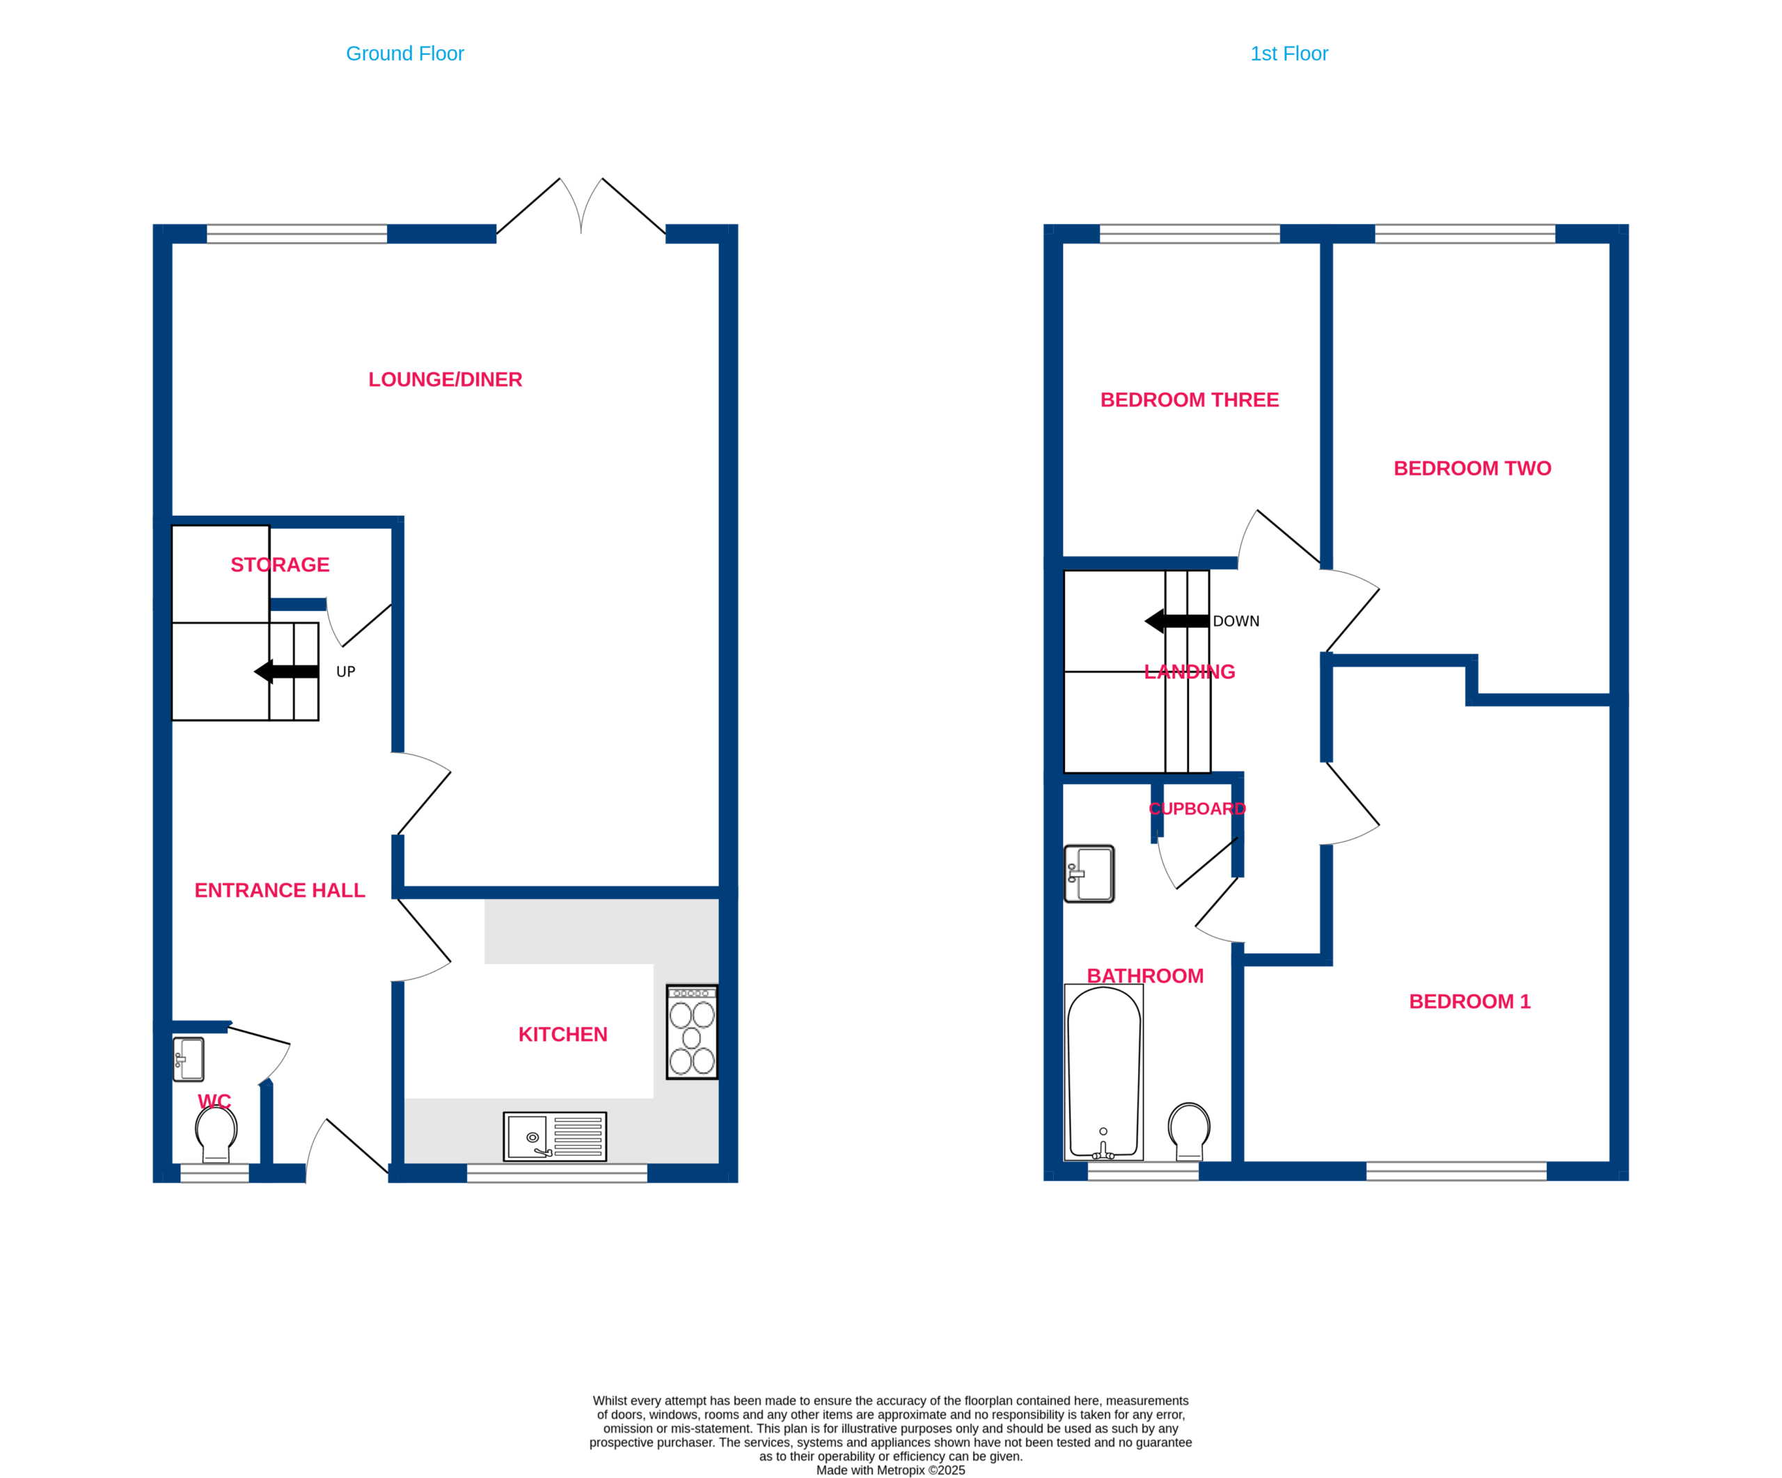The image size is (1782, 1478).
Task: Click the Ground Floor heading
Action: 404,54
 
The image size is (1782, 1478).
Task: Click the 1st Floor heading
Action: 1289,54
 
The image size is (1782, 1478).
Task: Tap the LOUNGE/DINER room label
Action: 445,379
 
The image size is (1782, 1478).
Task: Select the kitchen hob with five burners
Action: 693,1032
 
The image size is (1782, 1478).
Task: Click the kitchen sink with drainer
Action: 555,1136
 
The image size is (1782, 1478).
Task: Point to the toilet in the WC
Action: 216,1134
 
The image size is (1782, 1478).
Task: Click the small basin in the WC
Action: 189,1059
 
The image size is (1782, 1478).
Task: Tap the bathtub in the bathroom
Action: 1104,1072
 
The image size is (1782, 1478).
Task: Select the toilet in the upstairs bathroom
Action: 1190,1131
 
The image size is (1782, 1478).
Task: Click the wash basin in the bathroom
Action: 1089,874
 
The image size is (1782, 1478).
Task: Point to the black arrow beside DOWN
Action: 1177,621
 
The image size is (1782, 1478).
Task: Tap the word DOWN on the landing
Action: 1236,621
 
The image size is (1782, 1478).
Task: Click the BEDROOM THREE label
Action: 1190,399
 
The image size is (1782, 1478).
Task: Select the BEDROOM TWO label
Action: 1472,468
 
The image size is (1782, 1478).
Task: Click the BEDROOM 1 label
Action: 1469,1001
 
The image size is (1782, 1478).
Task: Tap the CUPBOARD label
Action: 1197,809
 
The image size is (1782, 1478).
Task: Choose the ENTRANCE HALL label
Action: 280,890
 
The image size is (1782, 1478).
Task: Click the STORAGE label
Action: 280,564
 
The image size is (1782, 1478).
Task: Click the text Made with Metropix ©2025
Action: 891,1470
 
